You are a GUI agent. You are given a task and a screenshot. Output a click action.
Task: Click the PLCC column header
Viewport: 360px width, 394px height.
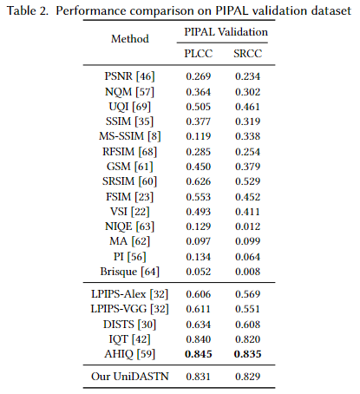pyautogui.click(x=199, y=54)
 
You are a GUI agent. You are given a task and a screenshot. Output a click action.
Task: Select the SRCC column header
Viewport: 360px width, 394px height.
pyautogui.click(x=248, y=54)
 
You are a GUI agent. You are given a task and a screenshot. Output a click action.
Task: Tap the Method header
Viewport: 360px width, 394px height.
pyautogui.click(x=130, y=39)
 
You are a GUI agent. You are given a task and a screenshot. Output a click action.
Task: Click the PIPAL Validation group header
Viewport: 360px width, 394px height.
pyautogui.click(x=226, y=32)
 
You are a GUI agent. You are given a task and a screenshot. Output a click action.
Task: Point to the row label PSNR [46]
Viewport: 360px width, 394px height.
pyautogui.click(x=129, y=76)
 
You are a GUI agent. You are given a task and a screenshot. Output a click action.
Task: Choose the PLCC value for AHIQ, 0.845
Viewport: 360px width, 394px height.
pyautogui.click(x=199, y=354)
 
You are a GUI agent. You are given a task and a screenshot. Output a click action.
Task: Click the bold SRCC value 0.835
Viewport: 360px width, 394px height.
pyautogui.click(x=247, y=354)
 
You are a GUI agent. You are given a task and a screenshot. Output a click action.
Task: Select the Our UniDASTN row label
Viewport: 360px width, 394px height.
pyautogui.click(x=130, y=377)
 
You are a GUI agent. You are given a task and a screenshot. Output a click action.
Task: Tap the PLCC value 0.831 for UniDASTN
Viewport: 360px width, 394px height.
pyautogui.click(x=199, y=377)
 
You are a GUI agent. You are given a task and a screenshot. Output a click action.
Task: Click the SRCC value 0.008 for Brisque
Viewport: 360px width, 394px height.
pyautogui.click(x=247, y=272)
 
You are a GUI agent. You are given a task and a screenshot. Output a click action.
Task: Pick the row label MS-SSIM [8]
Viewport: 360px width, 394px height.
pyautogui.click(x=130, y=136)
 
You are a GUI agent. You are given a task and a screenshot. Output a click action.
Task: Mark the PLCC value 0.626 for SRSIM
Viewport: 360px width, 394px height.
pyautogui.click(x=199, y=181)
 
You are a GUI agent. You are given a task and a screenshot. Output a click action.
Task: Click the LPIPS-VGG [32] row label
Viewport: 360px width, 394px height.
pyautogui.click(x=130, y=309)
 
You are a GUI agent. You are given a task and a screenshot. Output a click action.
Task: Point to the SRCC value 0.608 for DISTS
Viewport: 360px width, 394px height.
pyautogui.click(x=247, y=325)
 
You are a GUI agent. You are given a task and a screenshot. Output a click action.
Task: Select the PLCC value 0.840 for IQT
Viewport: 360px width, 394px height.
pyautogui.click(x=199, y=339)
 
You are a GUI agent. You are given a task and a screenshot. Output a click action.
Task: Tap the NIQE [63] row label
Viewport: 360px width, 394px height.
pyautogui.click(x=130, y=227)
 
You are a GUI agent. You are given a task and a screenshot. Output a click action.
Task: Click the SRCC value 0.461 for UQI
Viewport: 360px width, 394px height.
pyautogui.click(x=247, y=107)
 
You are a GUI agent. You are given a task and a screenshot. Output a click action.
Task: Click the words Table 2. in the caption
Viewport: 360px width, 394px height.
pyautogui.click(x=28, y=11)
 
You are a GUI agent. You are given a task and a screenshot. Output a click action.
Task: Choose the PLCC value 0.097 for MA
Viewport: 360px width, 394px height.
pyautogui.click(x=199, y=241)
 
